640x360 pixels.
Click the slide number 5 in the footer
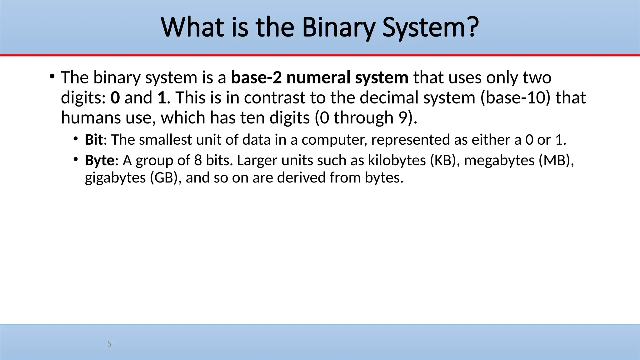click(x=109, y=344)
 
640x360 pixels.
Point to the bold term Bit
click(x=93, y=140)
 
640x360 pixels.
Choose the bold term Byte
click(x=99, y=161)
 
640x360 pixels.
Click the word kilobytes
click(x=397, y=160)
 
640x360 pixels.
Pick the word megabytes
click(x=499, y=161)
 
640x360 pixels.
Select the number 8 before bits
click(x=198, y=161)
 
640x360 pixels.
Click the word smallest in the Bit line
click(x=165, y=140)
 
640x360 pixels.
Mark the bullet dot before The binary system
click(x=52, y=76)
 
